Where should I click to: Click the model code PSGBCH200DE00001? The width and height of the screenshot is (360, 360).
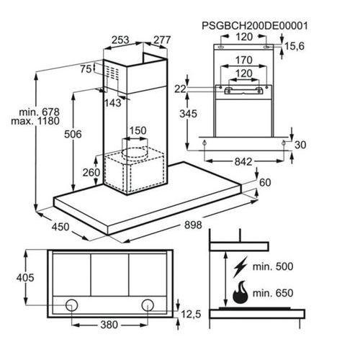[255, 26]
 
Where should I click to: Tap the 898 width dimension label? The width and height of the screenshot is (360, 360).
[193, 225]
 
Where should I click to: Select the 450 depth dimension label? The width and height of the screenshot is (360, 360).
[60, 227]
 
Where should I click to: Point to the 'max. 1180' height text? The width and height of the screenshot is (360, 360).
[35, 121]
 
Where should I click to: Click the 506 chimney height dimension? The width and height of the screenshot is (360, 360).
[73, 134]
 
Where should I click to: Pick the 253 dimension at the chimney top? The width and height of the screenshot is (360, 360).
[120, 40]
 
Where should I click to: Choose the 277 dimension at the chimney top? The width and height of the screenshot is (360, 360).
[162, 40]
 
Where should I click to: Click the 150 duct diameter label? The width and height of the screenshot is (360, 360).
[138, 130]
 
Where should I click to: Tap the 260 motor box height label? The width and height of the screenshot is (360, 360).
[91, 172]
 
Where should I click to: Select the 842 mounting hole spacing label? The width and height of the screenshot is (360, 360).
[243, 162]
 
